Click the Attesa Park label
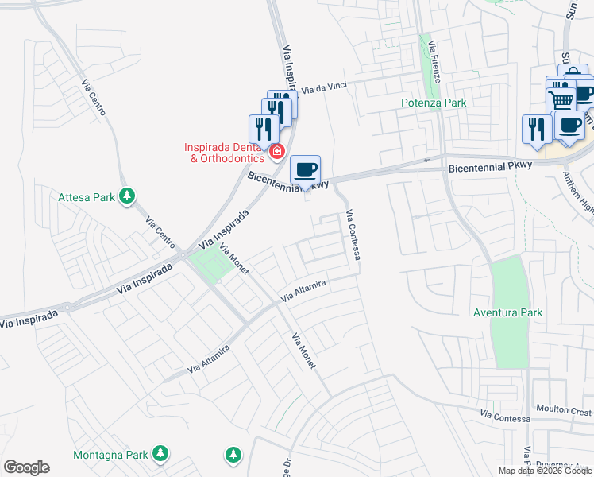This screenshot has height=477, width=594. (x=87, y=196)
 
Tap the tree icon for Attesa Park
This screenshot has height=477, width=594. (x=125, y=195)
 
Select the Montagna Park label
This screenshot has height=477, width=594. (x=110, y=455)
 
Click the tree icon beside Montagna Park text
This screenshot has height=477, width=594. (x=160, y=454)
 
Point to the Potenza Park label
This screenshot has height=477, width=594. (x=434, y=103)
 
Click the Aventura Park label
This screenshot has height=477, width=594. (x=507, y=312)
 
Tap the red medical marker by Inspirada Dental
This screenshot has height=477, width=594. (x=277, y=151)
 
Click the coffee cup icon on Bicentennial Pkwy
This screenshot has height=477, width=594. (x=306, y=169)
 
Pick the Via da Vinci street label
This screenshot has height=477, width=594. (x=326, y=89)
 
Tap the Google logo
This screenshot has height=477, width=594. (x=26, y=467)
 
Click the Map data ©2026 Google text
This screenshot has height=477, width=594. (x=544, y=470)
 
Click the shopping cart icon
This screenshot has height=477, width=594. (x=561, y=99)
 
